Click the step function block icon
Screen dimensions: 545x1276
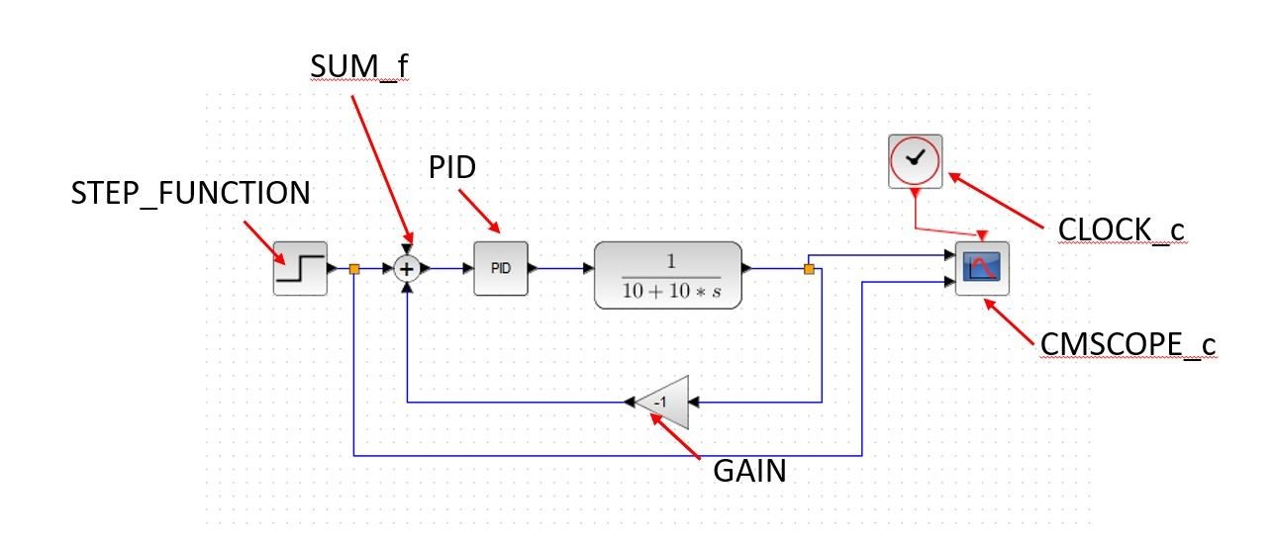pyautogui.click(x=299, y=268)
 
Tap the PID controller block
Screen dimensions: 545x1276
pyautogui.click(x=501, y=268)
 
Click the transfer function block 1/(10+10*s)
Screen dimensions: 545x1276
pyautogui.click(x=668, y=274)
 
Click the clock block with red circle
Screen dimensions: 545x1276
pyautogui.click(x=916, y=160)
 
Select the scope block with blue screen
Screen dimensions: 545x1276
pyautogui.click(x=982, y=268)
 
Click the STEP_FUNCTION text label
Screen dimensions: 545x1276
pyautogui.click(x=190, y=193)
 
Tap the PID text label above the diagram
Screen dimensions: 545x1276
pyautogui.click(x=452, y=167)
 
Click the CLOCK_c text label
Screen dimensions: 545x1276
pyautogui.click(x=1121, y=229)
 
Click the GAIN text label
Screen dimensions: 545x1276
pyautogui.click(x=749, y=471)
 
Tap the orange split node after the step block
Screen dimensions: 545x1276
pyautogui.click(x=353, y=268)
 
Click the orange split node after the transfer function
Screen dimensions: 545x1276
pyautogui.click(x=809, y=268)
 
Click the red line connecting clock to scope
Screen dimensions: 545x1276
pyautogui.click(x=946, y=227)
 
